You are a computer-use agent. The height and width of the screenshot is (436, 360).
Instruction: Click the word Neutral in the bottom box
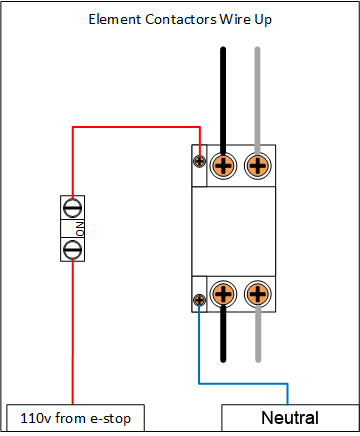290,418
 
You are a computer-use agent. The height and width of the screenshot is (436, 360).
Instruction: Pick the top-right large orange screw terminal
258,165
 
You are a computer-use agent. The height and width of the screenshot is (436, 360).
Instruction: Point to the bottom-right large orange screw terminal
258,294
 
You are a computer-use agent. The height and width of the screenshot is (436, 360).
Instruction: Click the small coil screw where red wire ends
200,160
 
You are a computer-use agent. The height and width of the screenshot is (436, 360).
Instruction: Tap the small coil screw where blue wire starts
200,299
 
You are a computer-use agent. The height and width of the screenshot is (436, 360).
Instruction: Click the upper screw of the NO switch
73,208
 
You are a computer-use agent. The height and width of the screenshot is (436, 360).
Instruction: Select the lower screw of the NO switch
73,248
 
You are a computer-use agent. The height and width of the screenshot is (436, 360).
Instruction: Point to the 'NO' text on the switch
83,228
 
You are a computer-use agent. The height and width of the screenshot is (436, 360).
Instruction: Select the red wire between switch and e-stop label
73,330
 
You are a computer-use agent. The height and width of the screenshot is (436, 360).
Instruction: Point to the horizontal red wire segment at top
135,128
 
